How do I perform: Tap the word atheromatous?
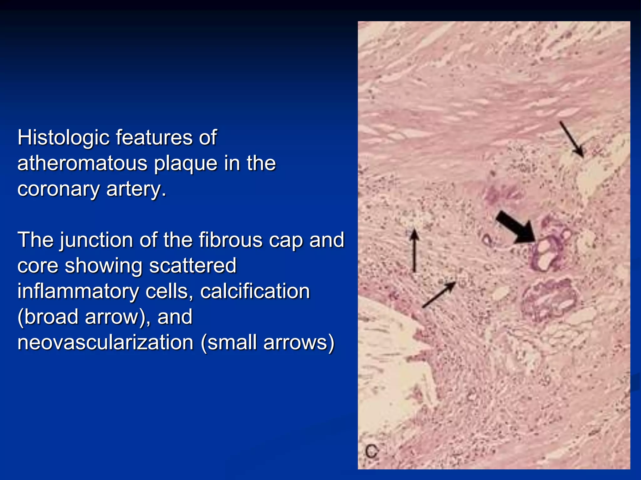82,163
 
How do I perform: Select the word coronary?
58,189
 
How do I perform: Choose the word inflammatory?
78,292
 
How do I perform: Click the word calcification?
255,292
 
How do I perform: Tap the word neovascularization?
105,343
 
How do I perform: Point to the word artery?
136,189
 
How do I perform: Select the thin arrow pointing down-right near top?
572,139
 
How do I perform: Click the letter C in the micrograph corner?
372,451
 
